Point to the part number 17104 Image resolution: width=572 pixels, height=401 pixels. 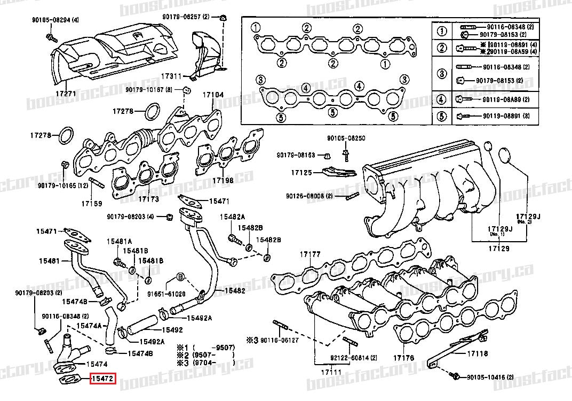[x=212, y=95]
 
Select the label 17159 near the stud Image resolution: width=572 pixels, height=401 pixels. [x=91, y=204]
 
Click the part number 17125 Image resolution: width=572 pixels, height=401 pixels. [x=301, y=173]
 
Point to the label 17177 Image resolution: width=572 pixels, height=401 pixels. [x=310, y=254]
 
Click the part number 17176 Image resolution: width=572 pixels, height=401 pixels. [x=404, y=357]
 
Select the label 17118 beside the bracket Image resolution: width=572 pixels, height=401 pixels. [x=478, y=353]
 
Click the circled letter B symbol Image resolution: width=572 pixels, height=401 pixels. [x=180, y=276]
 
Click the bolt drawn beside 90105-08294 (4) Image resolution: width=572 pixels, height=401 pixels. [x=51, y=37]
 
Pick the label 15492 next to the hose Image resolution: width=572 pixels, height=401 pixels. [x=172, y=330]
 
